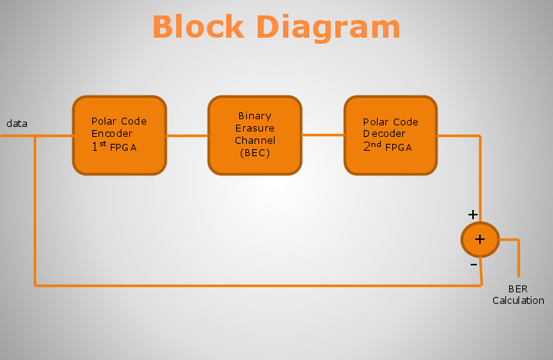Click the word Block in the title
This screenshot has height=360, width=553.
[198, 27]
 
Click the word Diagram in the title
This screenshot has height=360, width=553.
[328, 29]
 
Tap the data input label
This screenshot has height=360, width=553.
[17, 123]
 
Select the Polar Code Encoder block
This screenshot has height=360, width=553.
[119, 135]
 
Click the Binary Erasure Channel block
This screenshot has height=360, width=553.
[255, 135]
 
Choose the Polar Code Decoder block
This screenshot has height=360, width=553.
[391, 135]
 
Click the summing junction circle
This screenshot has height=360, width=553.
[480, 240]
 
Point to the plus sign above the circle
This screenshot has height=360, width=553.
[472, 215]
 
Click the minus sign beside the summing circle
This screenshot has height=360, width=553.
[474, 265]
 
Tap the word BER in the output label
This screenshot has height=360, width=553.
[518, 289]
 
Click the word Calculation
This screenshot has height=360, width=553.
[518, 301]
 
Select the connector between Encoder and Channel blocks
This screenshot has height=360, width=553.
[187, 135]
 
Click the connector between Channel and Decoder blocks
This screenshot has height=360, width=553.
[323, 135]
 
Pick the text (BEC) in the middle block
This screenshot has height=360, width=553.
[255, 153]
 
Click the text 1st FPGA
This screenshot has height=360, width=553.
[114, 146]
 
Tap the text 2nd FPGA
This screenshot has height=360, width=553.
[387, 146]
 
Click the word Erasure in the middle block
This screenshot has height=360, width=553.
[255, 128]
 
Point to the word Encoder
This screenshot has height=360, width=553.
[112, 134]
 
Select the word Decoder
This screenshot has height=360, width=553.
[384, 134]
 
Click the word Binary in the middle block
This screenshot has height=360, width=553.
[255, 116]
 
